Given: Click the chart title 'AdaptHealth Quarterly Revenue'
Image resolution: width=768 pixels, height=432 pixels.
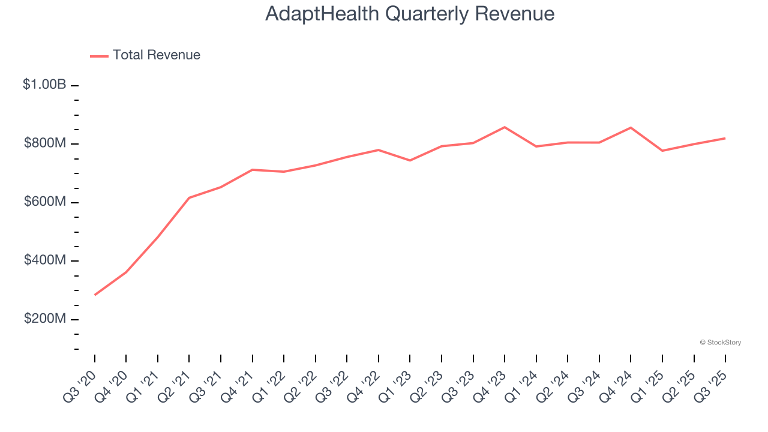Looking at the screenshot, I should click(410, 14).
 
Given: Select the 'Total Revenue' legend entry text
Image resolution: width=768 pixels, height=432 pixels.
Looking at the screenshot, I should click(156, 55).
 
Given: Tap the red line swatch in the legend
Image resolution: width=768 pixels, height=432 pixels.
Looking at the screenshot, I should click(99, 56).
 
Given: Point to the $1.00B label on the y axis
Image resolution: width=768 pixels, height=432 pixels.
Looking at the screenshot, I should click(44, 85).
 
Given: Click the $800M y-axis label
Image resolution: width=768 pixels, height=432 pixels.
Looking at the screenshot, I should click(45, 143).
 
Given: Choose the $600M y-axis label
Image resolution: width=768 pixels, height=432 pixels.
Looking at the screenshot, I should click(45, 202).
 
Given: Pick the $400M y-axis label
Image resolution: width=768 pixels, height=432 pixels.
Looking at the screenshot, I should click(45, 260).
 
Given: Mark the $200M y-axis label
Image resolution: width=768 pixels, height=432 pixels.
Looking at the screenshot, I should click(45, 319).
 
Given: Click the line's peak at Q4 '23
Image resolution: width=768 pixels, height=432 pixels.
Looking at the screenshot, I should click(505, 127).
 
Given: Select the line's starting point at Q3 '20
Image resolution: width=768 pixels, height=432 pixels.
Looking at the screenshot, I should click(95, 295).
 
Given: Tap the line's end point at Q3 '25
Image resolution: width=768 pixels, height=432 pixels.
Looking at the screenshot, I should click(725, 139).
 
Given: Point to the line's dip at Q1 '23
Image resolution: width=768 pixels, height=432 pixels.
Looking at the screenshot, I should click(410, 160).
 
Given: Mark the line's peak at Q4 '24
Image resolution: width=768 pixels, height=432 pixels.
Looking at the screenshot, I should click(631, 127).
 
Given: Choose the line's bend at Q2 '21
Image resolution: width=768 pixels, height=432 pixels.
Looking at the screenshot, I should click(189, 197).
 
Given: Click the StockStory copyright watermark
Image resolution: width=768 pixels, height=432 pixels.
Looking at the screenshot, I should click(720, 343).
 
